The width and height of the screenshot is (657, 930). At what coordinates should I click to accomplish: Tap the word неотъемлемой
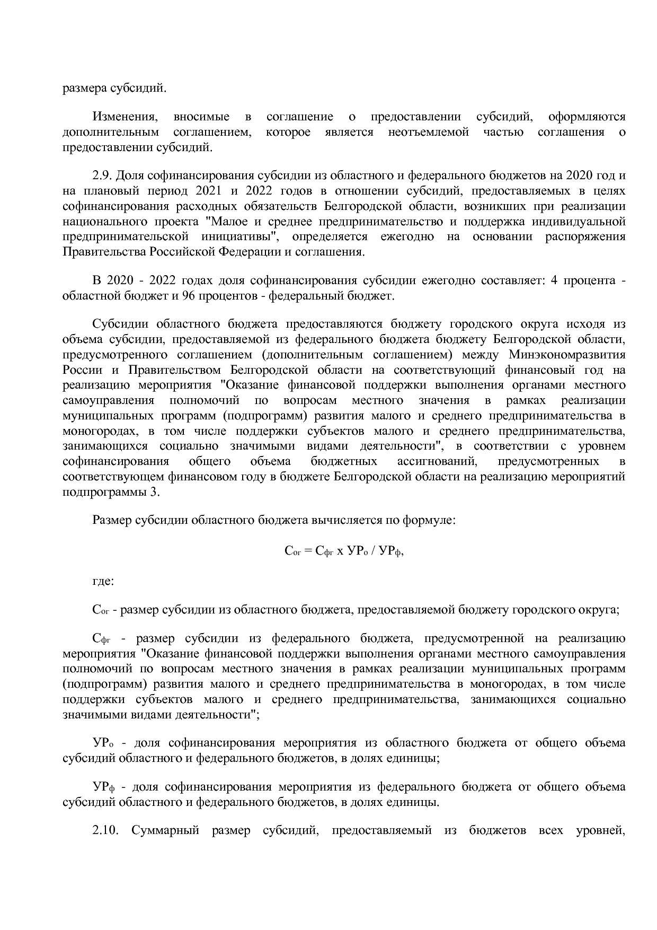(428, 132)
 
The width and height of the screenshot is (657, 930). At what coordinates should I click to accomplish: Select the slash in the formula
(374, 551)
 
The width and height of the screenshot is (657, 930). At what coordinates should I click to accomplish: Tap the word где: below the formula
(103, 581)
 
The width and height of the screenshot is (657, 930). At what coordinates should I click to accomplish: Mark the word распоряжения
(585, 236)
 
